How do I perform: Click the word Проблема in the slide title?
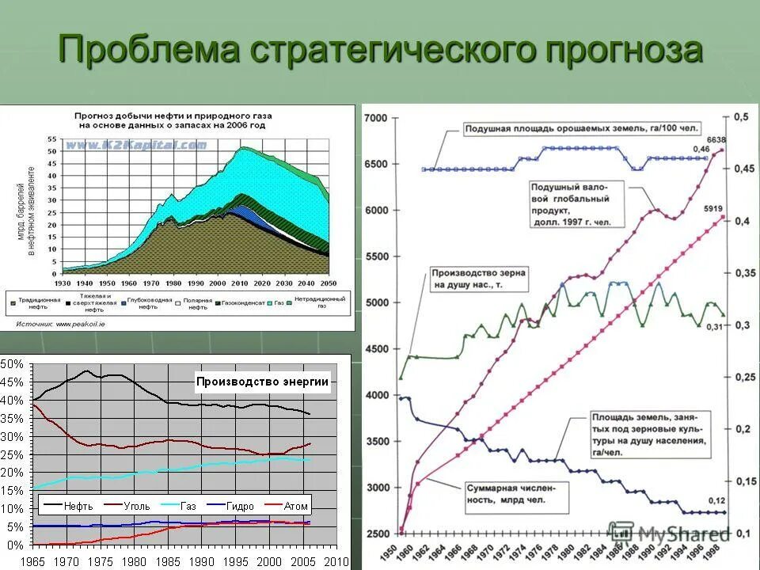(x=150, y=50)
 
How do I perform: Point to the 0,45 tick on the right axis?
(x=741, y=169)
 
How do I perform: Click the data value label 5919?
(x=716, y=210)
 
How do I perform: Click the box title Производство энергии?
(x=262, y=382)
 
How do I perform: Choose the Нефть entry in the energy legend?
(x=70, y=505)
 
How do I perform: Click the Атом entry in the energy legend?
(x=287, y=505)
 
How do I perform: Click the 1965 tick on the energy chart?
(x=33, y=560)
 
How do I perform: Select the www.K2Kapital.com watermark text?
(x=135, y=145)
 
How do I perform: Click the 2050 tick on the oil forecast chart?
(x=329, y=282)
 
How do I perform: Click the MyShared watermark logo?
(x=669, y=534)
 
